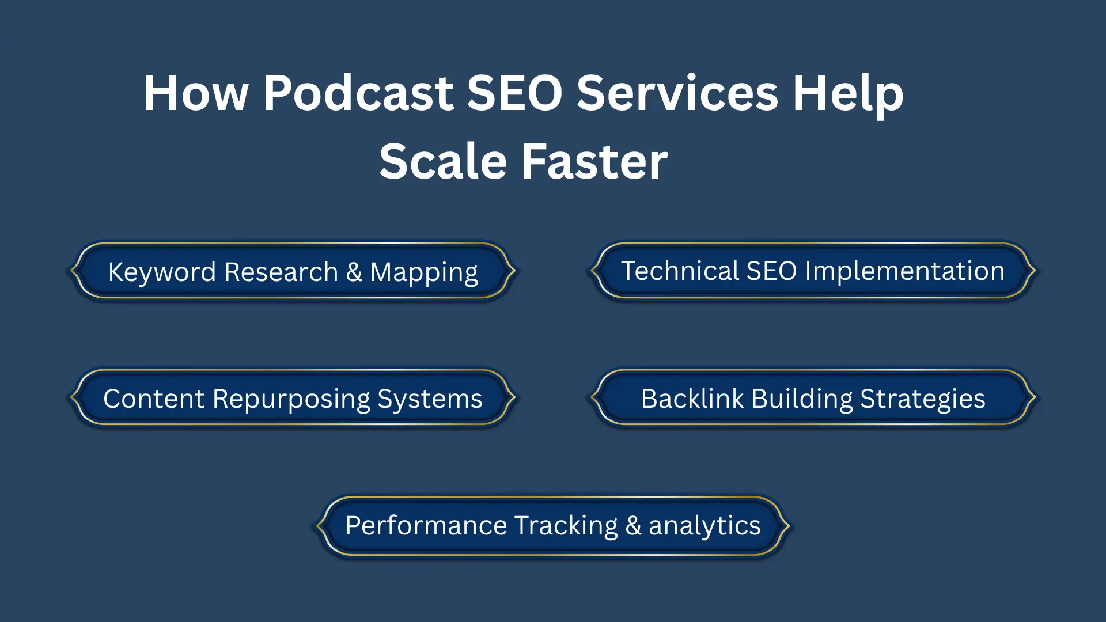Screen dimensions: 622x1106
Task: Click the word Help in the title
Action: coord(847,93)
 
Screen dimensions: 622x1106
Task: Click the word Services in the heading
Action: coord(677,93)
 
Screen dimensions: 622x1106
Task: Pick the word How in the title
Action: coord(196,93)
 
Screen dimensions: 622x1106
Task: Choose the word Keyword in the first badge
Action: coord(162,272)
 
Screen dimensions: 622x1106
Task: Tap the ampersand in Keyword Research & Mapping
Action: coord(354,272)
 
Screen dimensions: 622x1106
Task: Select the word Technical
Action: coord(680,271)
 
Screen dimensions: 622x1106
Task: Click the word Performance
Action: coord(426,526)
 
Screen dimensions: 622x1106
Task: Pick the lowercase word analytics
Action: coord(704,526)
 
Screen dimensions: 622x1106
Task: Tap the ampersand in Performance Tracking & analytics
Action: coord(633,526)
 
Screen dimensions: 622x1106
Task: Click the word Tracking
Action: coord(566,526)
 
